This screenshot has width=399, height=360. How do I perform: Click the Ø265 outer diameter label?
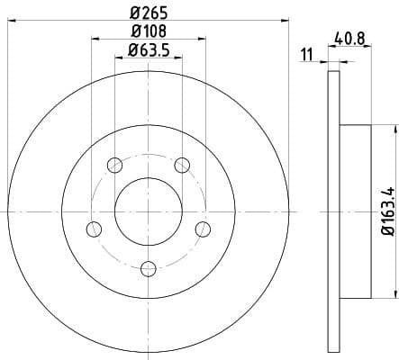click(x=148, y=13)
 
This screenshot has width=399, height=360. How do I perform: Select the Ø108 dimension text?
click(x=148, y=32)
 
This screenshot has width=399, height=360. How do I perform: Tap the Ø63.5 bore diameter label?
click(x=148, y=50)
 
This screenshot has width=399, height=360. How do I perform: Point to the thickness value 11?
click(x=307, y=55)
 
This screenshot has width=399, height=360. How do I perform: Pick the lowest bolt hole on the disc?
click(x=148, y=266)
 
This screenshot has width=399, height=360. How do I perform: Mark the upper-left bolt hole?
click(x=114, y=166)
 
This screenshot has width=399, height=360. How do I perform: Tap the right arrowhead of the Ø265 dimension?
click(x=287, y=20)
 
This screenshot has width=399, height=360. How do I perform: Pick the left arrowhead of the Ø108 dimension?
click(x=95, y=39)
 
